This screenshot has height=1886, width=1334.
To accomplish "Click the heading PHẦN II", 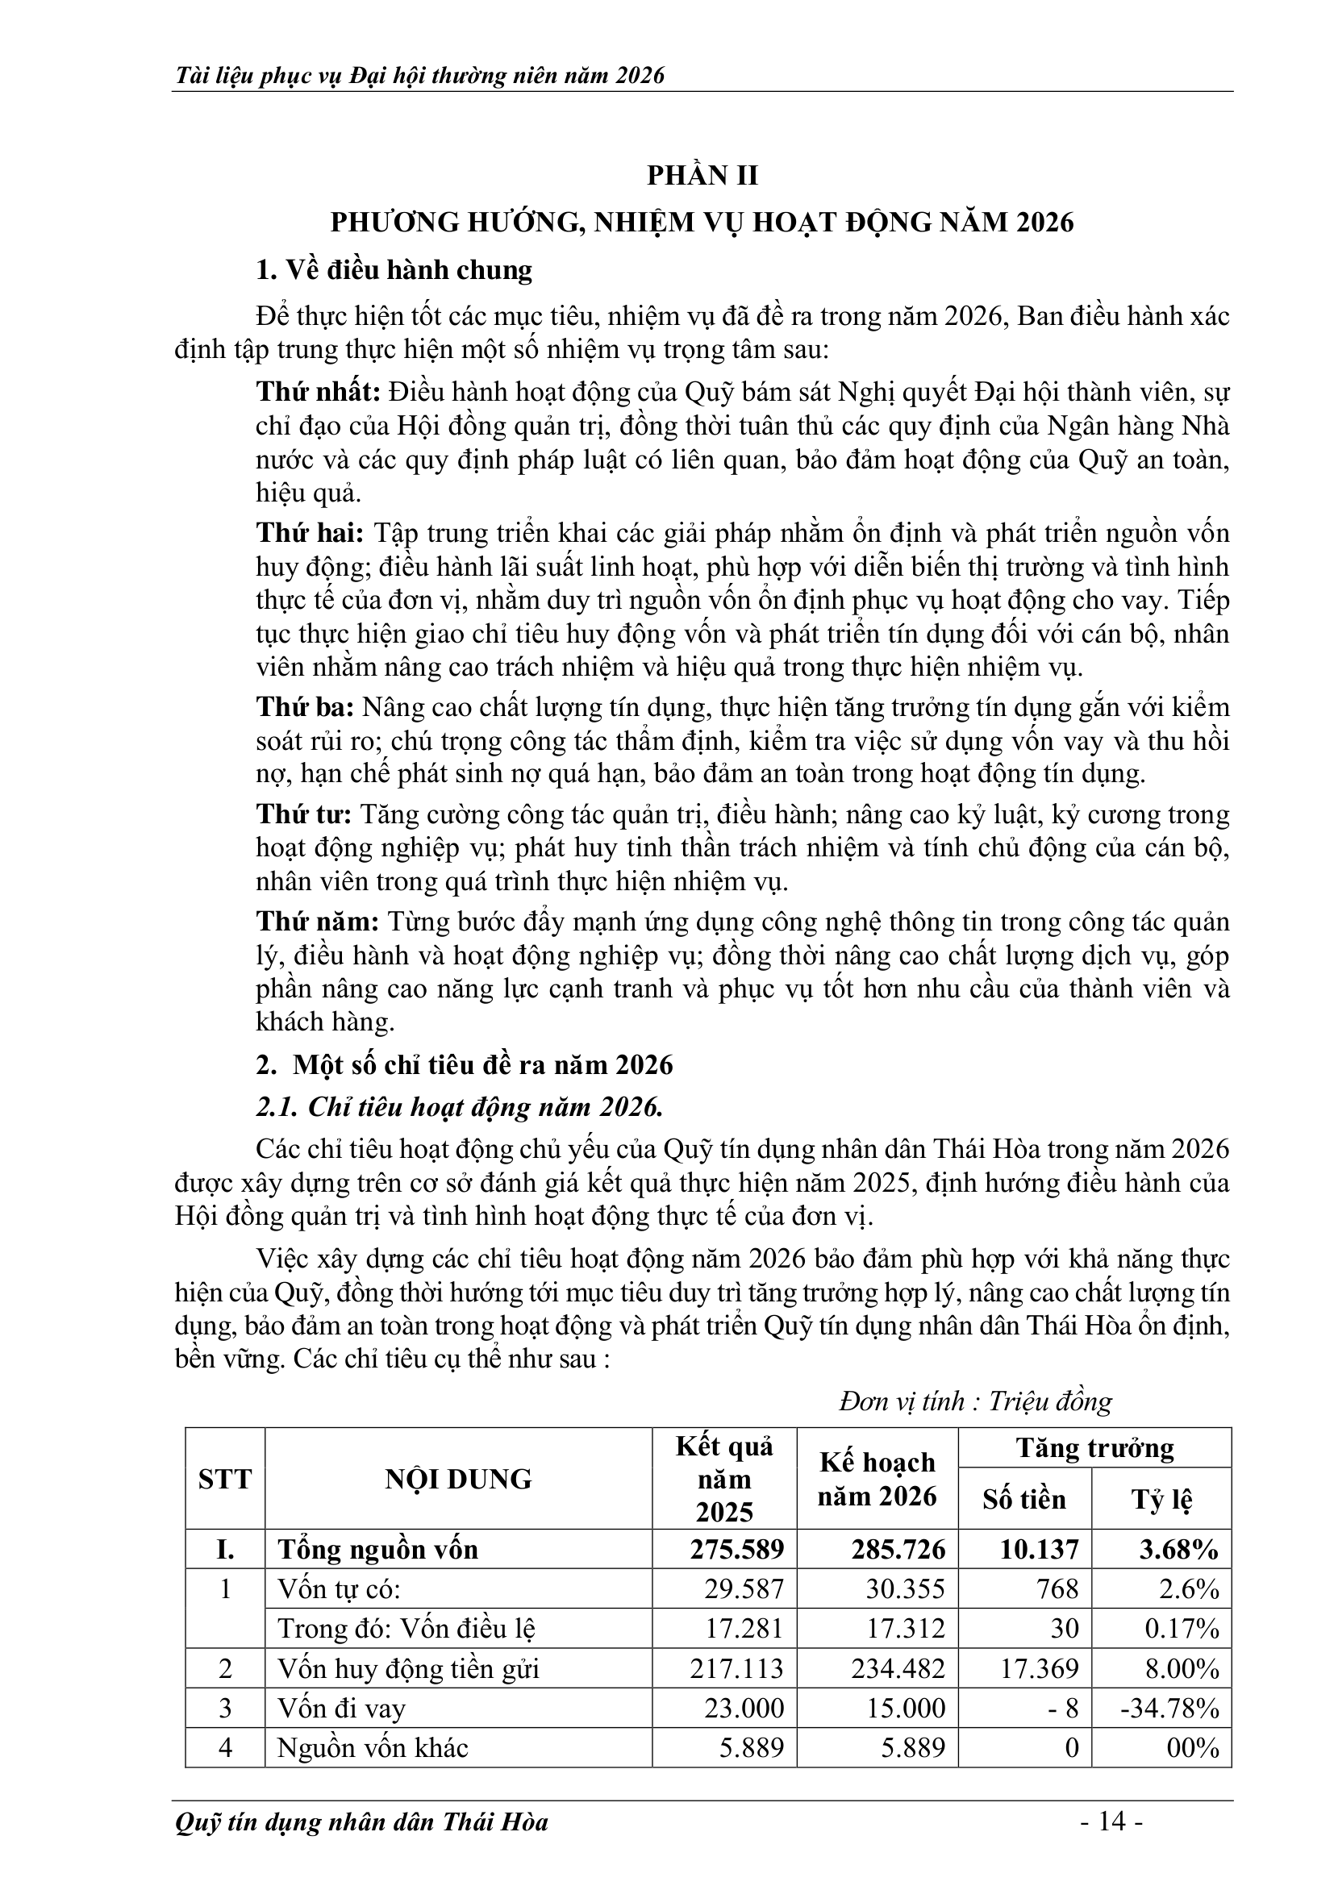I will (x=702, y=176).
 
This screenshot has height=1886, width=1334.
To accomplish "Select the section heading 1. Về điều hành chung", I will (x=394, y=270).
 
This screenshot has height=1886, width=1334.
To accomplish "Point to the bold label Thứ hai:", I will (x=310, y=533).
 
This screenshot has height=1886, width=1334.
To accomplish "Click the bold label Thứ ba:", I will (x=305, y=707).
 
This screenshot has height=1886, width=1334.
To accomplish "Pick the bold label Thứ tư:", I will (x=303, y=814).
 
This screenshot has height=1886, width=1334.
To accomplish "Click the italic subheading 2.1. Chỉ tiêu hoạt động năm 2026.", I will (x=459, y=1108).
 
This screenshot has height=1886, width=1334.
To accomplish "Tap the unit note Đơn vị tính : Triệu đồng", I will (x=975, y=1401).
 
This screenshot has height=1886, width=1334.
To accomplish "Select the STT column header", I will (x=224, y=1480).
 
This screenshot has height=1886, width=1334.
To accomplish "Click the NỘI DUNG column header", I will (x=458, y=1480).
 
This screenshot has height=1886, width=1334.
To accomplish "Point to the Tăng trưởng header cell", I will (x=1094, y=1448).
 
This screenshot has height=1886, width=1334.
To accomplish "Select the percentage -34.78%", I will (x=1169, y=1709).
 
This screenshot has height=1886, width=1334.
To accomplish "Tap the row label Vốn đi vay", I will (x=342, y=1709).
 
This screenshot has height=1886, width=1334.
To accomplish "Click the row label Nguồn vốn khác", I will (x=372, y=1747).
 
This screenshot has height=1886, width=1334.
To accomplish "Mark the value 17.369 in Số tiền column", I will (x=1037, y=1668).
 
